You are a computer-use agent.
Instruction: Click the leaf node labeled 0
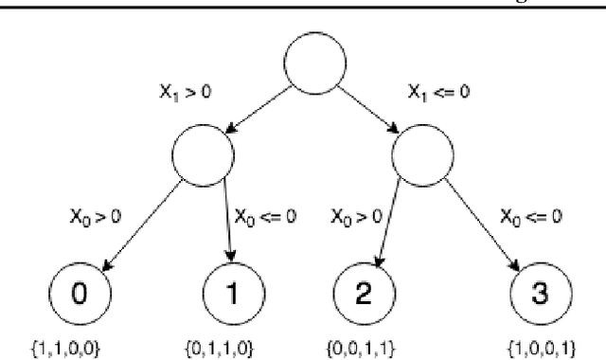pos(80,293)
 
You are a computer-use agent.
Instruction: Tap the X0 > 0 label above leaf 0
pos(96,216)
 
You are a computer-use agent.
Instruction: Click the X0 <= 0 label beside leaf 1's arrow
pos(265,216)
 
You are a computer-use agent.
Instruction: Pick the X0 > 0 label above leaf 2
pos(356,216)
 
